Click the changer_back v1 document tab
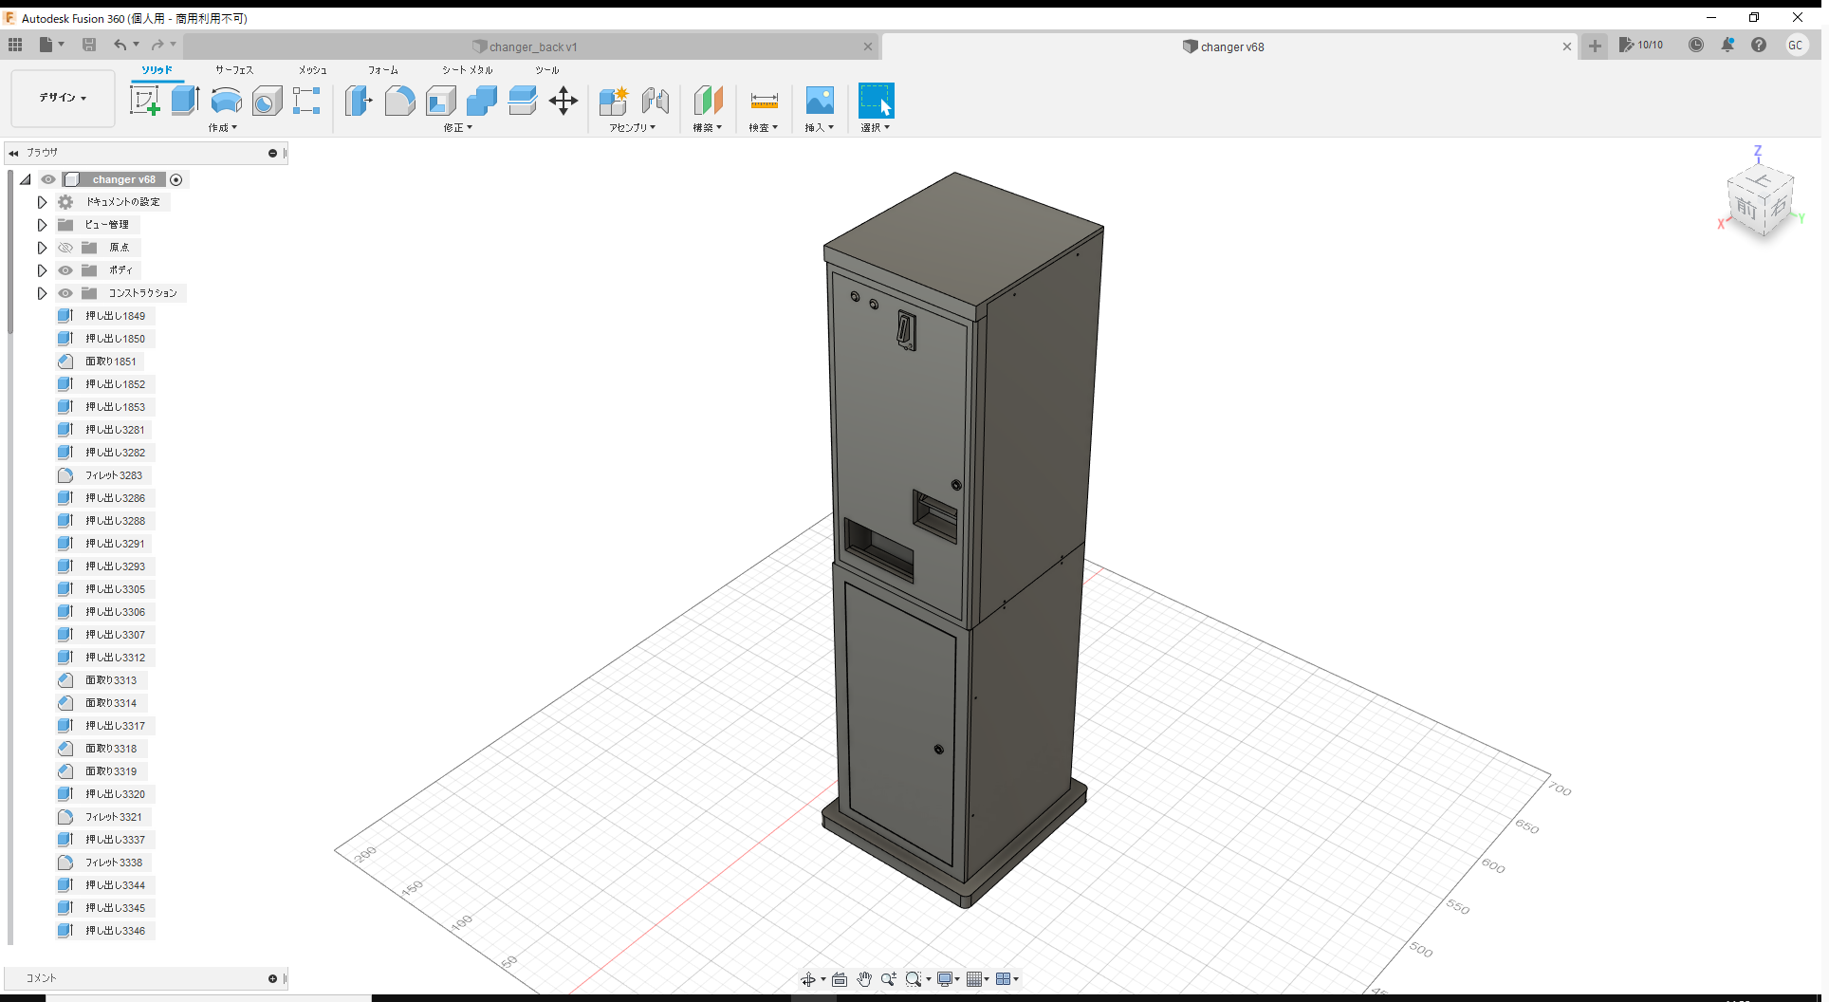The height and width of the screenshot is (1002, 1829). pyautogui.click(x=532, y=46)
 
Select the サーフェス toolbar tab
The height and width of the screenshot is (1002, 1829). pyautogui.click(x=233, y=70)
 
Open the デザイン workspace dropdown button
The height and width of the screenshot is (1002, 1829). pyautogui.click(x=63, y=98)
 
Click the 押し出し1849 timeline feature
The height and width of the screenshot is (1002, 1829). pyautogui.click(x=115, y=316)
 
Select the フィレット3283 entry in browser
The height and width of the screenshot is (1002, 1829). pyautogui.click(x=113, y=475)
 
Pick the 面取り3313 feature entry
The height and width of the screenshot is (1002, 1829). pyautogui.click(x=111, y=680)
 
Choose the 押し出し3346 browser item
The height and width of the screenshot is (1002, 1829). pyautogui.click(x=115, y=931)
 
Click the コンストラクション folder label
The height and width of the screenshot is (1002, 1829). pyautogui.click(x=142, y=293)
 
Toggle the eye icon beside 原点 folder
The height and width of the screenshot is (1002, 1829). pyautogui.click(x=65, y=248)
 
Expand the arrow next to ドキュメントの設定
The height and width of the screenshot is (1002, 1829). pyautogui.click(x=42, y=202)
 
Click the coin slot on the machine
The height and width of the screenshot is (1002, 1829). pyautogui.click(x=906, y=331)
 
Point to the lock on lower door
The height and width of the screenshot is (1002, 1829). pyautogui.click(x=938, y=750)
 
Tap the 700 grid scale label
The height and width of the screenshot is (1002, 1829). pyautogui.click(x=1560, y=789)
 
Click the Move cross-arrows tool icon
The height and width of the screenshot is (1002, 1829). pyautogui.click(x=563, y=101)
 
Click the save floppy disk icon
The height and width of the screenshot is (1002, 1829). pyautogui.click(x=89, y=45)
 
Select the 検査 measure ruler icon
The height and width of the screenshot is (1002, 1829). pyautogui.click(x=764, y=101)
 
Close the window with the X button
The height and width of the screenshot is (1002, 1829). pyautogui.click(x=1797, y=17)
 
